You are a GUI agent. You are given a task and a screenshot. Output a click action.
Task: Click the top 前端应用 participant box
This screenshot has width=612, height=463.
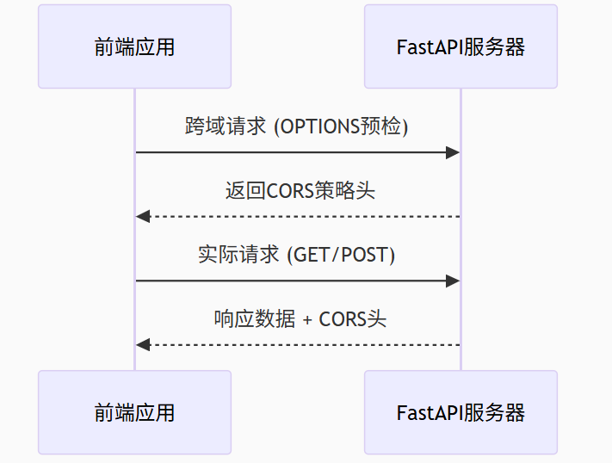134,46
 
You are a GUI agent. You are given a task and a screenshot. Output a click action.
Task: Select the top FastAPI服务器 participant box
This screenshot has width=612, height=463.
461,46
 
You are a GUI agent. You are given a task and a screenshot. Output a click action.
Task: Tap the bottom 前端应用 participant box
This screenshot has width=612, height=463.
134,412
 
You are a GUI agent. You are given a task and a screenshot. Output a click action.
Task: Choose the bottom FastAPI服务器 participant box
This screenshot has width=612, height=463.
461,412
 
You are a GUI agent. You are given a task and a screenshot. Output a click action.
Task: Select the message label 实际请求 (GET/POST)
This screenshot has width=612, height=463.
297,255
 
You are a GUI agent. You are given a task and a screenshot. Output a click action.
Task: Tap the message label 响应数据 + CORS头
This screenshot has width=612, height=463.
300,319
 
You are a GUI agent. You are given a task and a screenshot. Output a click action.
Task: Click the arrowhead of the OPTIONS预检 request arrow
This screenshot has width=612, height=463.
453,152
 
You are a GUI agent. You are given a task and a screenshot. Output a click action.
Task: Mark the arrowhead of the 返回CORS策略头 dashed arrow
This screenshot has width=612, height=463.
143,216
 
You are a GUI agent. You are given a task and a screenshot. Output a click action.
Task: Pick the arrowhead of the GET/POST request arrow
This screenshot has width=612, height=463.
453,281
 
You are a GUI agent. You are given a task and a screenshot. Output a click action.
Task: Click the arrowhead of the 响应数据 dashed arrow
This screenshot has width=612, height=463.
143,345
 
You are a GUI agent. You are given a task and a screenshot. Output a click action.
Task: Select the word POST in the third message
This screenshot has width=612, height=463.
367,255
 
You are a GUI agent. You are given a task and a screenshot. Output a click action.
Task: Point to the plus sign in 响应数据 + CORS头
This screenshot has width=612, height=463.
309,320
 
